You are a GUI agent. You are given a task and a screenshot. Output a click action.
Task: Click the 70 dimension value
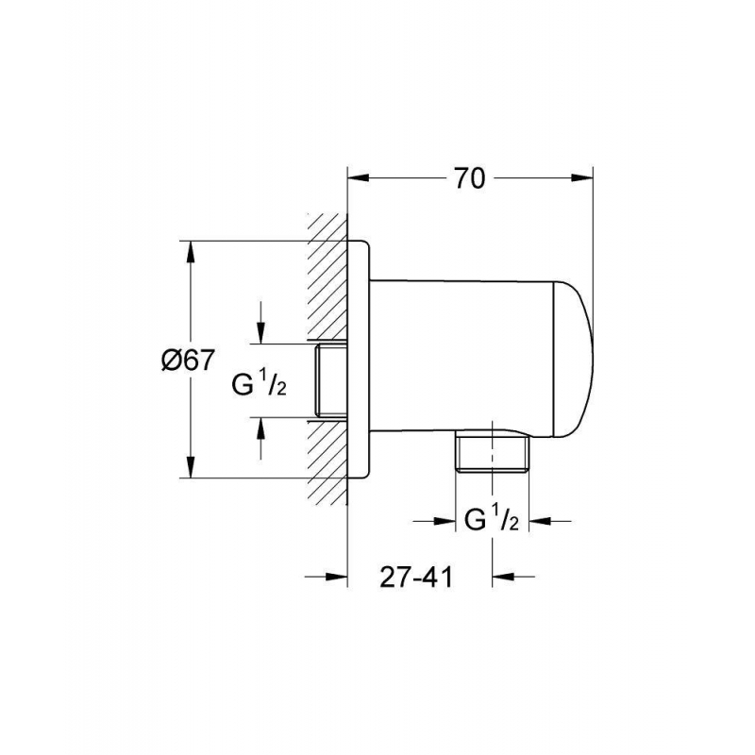[469, 178]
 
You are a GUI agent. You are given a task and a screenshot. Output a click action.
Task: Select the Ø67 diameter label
[187, 360]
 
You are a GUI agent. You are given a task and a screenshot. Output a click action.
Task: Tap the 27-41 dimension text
[416, 577]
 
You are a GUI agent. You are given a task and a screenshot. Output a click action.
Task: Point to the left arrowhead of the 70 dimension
[359, 177]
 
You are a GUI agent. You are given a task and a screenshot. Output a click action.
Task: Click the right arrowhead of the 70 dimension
[581, 177]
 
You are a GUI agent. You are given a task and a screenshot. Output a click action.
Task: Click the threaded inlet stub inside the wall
[331, 380]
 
